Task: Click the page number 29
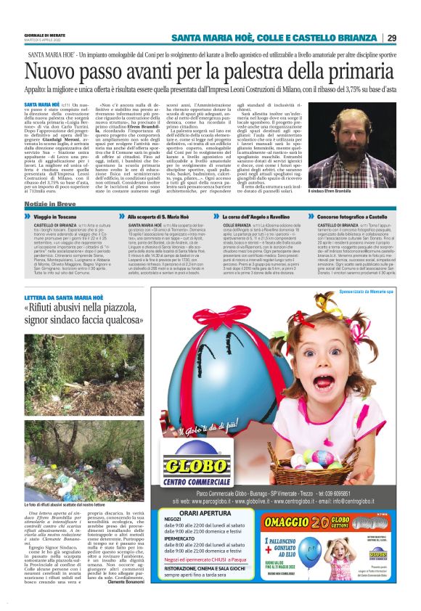click(391, 38)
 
